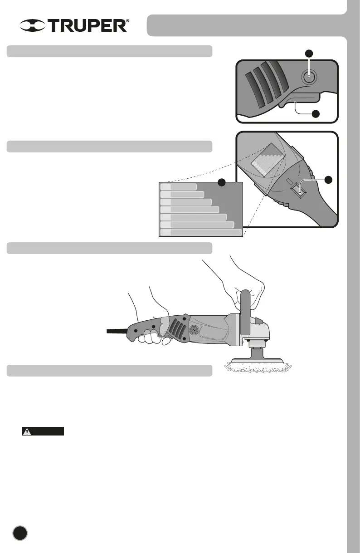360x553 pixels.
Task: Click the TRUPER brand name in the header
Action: point(88,26)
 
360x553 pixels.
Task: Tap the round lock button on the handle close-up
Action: point(309,77)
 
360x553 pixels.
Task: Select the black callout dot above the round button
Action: point(309,53)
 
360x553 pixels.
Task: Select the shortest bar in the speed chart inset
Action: point(179,186)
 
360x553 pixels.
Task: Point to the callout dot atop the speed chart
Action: point(222,182)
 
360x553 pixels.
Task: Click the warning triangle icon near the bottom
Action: point(28,431)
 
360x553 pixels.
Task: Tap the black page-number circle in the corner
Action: point(19,532)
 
